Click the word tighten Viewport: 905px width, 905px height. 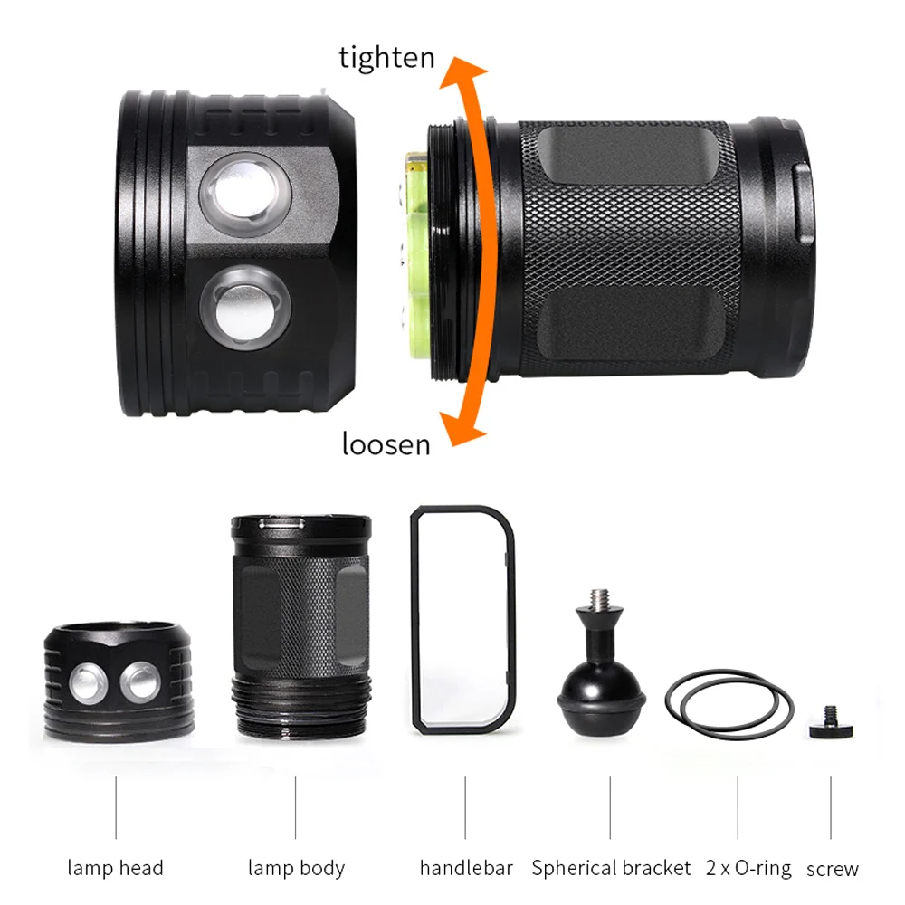[x=386, y=58]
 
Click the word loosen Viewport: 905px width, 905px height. [x=386, y=444]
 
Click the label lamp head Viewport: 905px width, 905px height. [x=115, y=869]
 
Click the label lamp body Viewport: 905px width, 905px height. [x=296, y=869]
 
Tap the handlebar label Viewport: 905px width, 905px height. [x=466, y=869]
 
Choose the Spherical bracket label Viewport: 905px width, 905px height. [x=611, y=869]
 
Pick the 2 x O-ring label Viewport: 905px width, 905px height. [x=748, y=869]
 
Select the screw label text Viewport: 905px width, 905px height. [x=832, y=870]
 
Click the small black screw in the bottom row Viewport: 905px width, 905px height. [x=830, y=721]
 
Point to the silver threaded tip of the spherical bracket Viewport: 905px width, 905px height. [x=599, y=600]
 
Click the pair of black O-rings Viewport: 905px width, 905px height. [x=729, y=702]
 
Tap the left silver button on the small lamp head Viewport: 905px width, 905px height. [x=88, y=682]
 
